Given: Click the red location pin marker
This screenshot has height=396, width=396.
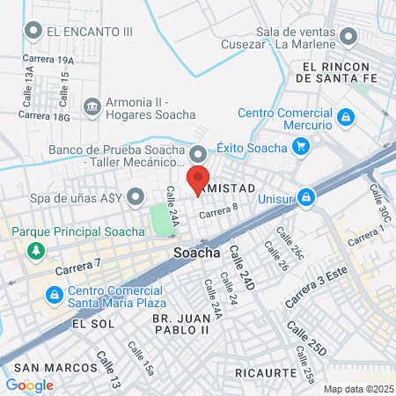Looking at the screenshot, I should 197,179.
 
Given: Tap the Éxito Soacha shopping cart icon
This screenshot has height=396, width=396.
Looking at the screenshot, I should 302,148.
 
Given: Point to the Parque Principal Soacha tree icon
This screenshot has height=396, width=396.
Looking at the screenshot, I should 35,251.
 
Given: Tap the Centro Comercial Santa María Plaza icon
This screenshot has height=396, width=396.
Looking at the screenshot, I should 55,293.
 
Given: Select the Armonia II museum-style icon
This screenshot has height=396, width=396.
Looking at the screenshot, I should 92,106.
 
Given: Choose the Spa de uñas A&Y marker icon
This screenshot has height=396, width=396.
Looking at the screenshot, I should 135,197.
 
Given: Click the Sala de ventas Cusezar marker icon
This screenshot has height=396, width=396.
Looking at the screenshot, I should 348,36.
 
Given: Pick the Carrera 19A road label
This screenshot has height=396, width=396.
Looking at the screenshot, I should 55,61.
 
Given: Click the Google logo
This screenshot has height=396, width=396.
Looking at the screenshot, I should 29,385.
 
